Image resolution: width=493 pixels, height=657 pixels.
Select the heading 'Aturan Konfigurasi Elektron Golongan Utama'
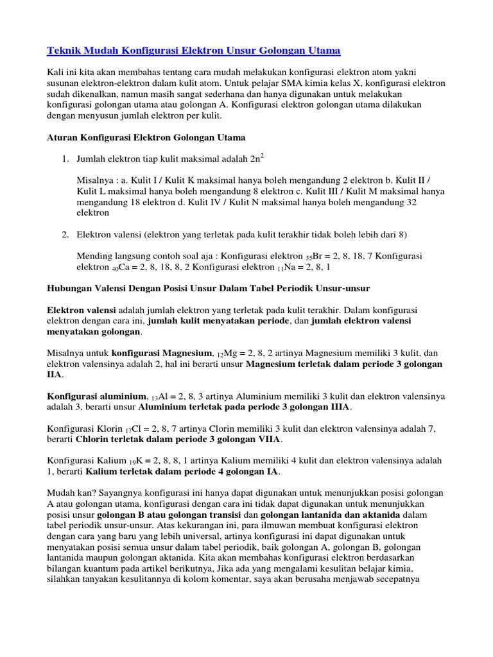pos(146,137)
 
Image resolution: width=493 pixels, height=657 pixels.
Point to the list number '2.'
pos(65,234)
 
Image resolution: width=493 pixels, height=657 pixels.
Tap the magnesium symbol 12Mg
pos(225,353)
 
